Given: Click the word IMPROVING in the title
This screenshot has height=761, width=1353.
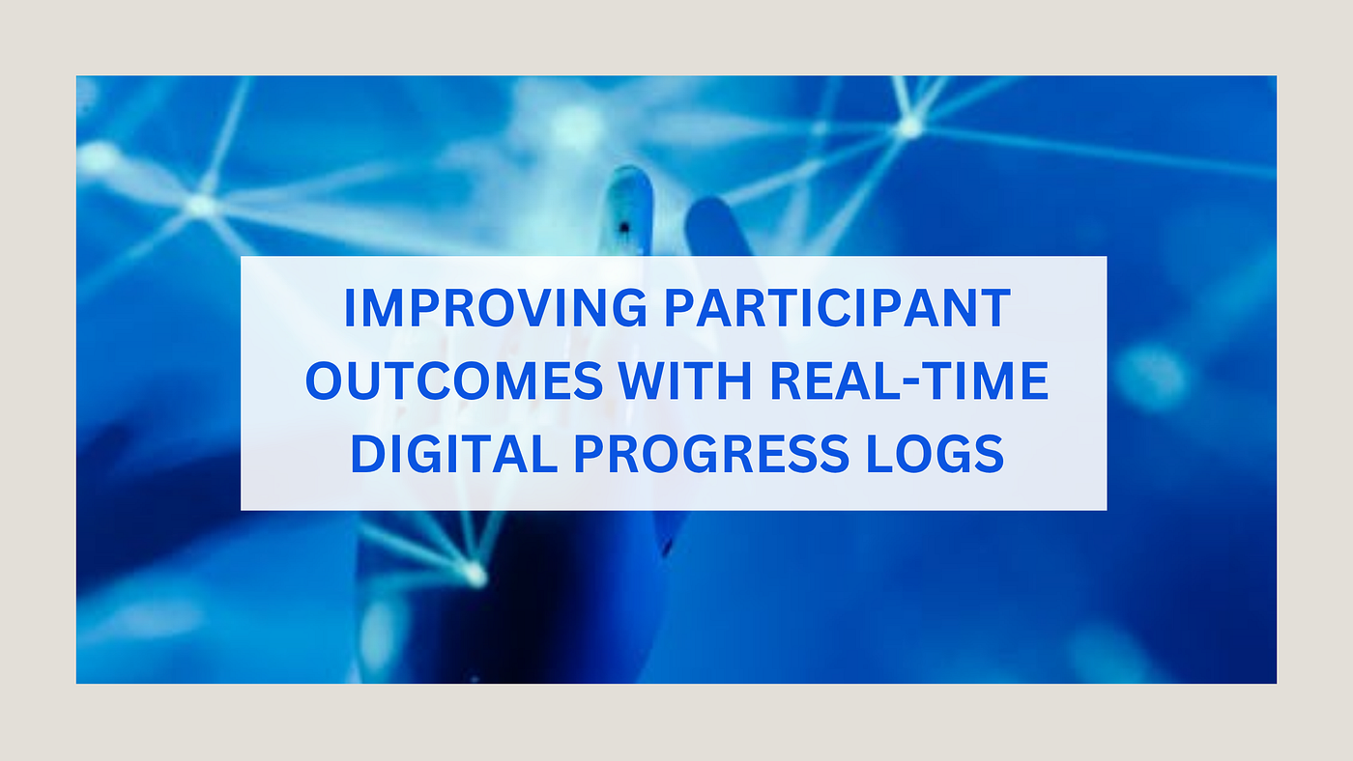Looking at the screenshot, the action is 495,308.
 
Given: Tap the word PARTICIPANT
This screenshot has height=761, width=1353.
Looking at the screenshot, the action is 838,308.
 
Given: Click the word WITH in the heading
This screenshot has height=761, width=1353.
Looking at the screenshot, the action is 685,380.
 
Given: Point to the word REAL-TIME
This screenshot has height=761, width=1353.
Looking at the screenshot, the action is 909,380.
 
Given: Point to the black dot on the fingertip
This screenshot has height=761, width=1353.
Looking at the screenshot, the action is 624,228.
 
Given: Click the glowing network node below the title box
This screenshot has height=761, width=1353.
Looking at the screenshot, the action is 475,573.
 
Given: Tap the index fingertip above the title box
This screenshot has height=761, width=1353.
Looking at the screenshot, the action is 629,181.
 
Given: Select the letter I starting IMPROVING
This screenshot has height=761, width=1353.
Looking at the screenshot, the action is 349,308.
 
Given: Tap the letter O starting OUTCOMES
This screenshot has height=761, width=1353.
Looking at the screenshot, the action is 325,380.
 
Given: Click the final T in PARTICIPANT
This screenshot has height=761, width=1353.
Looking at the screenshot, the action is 994,308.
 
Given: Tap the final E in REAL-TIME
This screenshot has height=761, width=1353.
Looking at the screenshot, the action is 1035,380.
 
